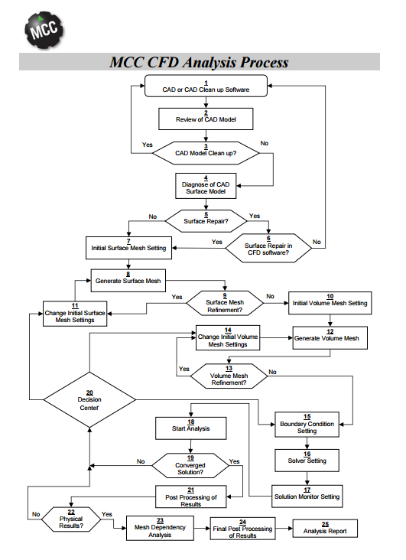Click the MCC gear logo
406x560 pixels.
(44, 30)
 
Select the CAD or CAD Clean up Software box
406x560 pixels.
(206, 86)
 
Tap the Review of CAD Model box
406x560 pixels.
(206, 119)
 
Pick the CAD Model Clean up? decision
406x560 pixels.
(206, 153)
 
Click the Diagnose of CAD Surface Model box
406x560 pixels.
(206, 186)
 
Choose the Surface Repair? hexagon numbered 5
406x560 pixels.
(206, 221)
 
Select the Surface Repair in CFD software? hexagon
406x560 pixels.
(268, 248)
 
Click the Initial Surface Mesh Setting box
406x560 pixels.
(128, 248)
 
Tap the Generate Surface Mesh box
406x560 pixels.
(128, 281)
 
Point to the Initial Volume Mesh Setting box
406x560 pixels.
(330, 303)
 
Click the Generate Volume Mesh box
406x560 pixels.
(330, 338)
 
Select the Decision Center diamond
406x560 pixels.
(89, 399)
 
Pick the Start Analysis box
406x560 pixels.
(191, 428)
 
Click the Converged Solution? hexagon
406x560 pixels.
(190, 466)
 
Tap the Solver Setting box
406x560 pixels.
(307, 461)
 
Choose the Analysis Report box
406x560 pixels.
(325, 528)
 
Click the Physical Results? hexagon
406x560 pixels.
(71, 519)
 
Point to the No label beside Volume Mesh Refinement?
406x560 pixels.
(272, 372)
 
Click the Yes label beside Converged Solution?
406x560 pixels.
(234, 461)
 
